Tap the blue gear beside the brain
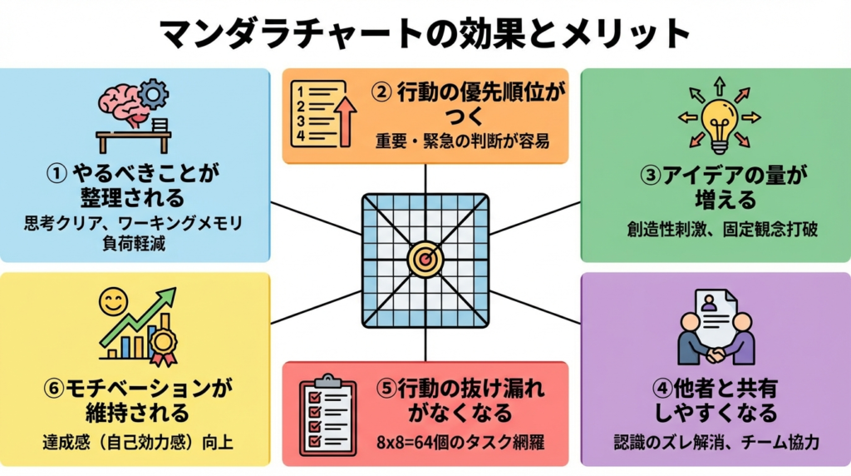(154, 94)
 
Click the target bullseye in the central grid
(425, 260)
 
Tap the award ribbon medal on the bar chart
(161, 343)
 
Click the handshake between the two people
(716, 353)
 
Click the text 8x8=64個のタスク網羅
(425, 442)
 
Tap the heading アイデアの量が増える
(716, 187)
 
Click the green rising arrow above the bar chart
(141, 316)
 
